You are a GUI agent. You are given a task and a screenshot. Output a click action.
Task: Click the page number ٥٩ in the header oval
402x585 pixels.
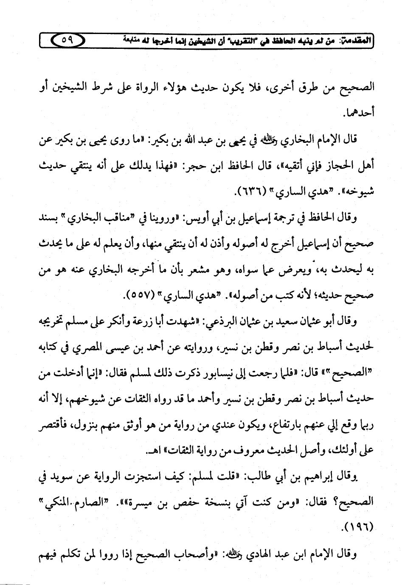pos(68,41)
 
